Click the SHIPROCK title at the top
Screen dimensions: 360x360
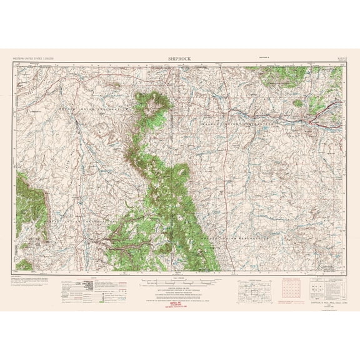180,58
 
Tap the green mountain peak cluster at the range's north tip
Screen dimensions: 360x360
149,103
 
